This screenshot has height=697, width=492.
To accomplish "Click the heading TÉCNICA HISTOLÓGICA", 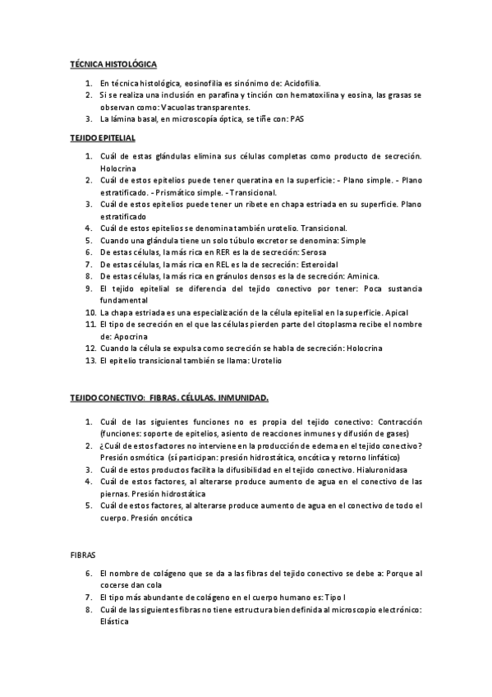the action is click(x=112, y=63).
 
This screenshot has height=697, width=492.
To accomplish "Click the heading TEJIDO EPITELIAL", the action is click(x=101, y=137).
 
